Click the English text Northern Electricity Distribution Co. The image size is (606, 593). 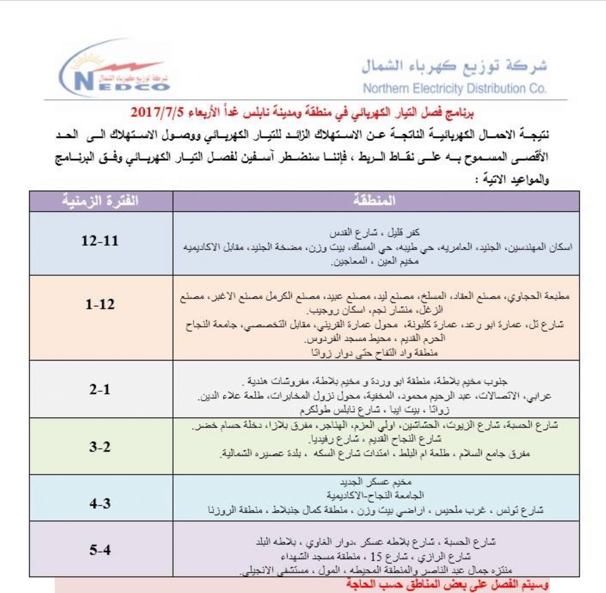click(454, 89)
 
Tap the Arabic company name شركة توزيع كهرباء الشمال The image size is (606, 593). click(454, 66)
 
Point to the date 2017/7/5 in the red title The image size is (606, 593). click(157, 112)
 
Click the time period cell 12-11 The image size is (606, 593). click(100, 241)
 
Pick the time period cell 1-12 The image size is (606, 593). click(100, 304)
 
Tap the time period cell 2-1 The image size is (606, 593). click(100, 389)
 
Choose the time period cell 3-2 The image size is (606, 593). click(100, 447)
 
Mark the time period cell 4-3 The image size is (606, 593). click(100, 504)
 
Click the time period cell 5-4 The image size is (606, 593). click(100, 550)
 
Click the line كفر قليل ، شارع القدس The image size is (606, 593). click(374, 233)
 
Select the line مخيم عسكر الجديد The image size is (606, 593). click(375, 482)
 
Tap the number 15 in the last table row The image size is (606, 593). click(376, 557)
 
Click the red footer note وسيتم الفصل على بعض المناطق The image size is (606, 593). click(447, 585)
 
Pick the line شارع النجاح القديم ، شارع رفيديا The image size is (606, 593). click(375, 439)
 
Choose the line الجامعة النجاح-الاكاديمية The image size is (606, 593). click(375, 495)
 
